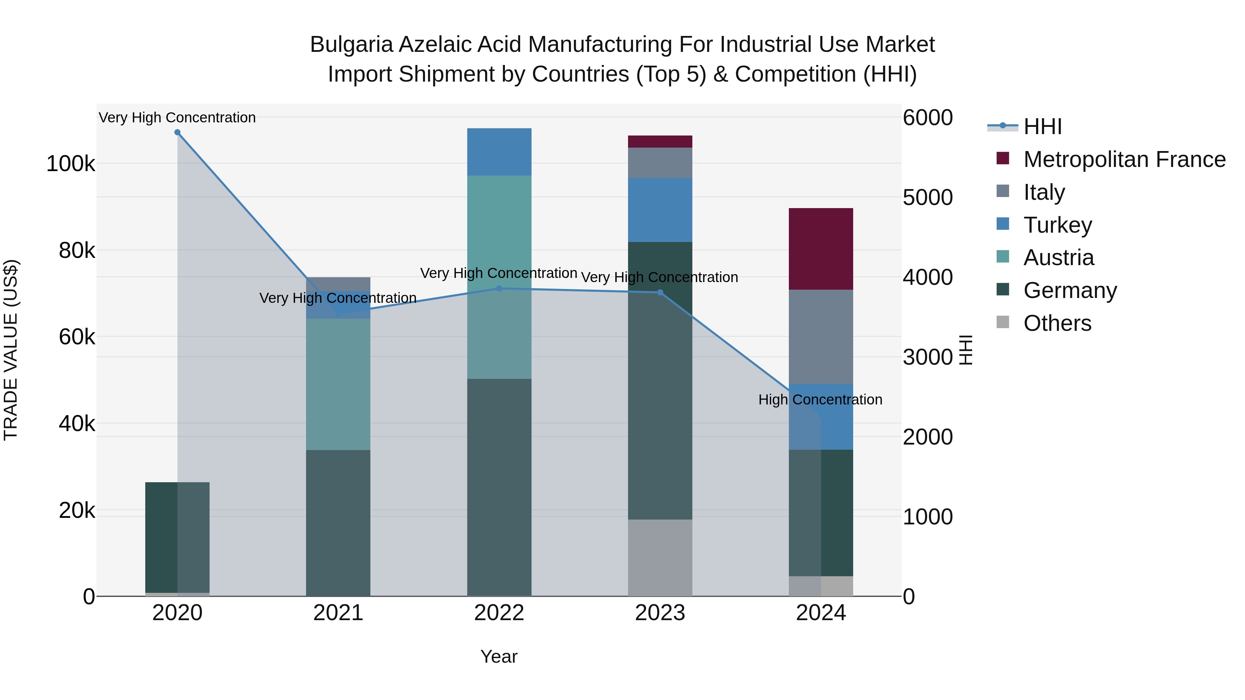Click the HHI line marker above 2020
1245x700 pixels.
coord(177,132)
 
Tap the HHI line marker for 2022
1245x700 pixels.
coord(499,288)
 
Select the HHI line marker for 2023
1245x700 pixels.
coord(660,292)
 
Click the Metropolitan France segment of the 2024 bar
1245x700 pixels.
coord(821,249)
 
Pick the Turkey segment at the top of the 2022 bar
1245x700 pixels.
coord(499,152)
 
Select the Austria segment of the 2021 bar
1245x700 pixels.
coord(338,384)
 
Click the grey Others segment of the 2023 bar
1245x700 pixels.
coord(660,558)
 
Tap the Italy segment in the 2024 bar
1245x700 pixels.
coord(821,336)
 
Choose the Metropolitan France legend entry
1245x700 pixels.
coord(1124,159)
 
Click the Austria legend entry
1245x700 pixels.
coord(1059,258)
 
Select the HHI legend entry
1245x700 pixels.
coord(1042,127)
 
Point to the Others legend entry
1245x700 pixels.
coord(1057,323)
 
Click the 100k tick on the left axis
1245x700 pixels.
coord(71,164)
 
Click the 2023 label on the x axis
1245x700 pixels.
coord(660,613)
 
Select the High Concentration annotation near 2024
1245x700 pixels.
coord(820,400)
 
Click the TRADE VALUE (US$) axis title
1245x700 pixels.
coord(11,350)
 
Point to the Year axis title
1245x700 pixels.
coord(499,656)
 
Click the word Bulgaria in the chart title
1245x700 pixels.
coord(351,45)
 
